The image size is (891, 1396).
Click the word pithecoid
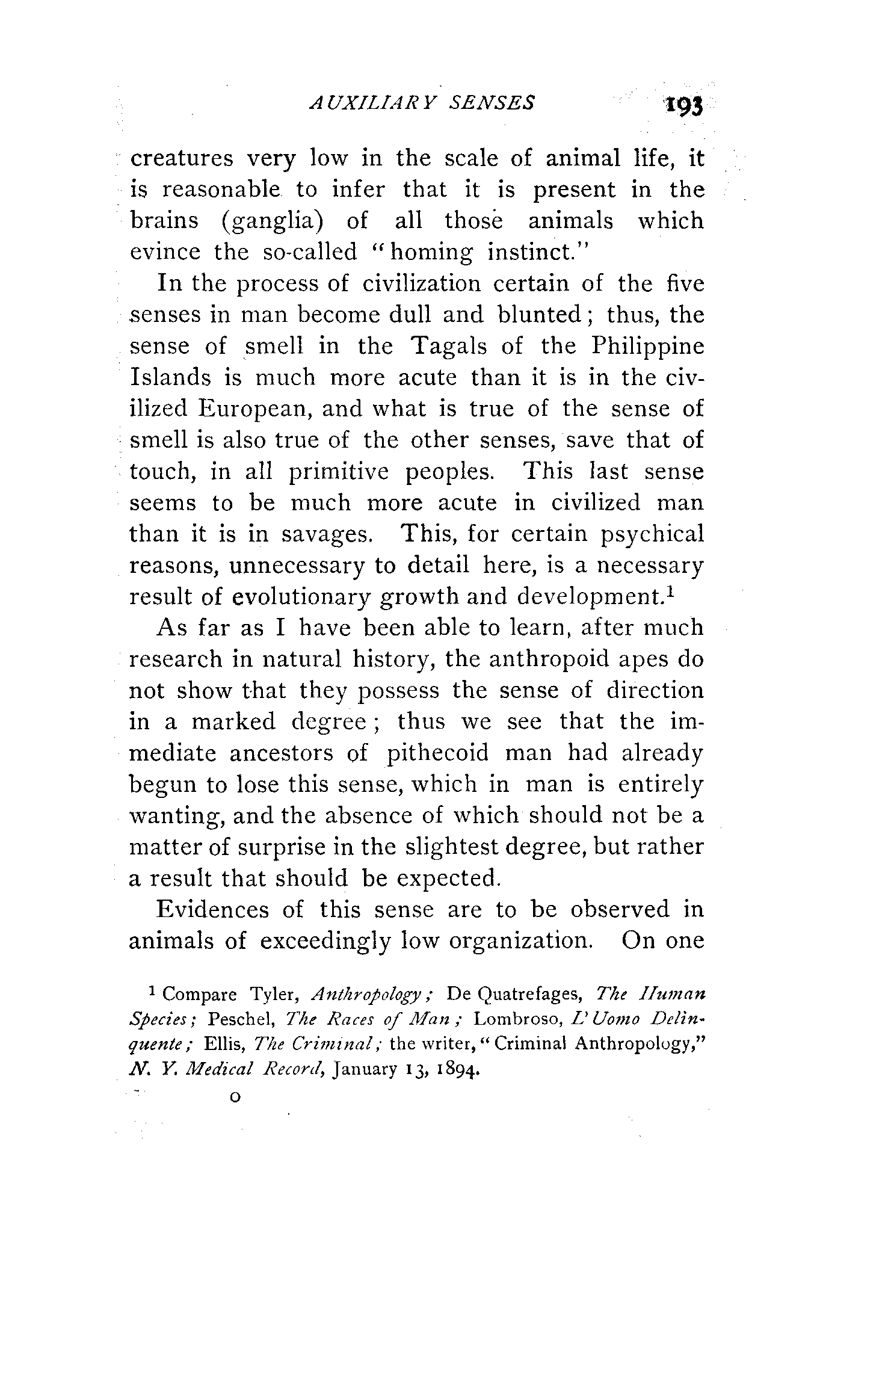tap(437, 754)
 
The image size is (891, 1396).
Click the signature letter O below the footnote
tap(235, 1098)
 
